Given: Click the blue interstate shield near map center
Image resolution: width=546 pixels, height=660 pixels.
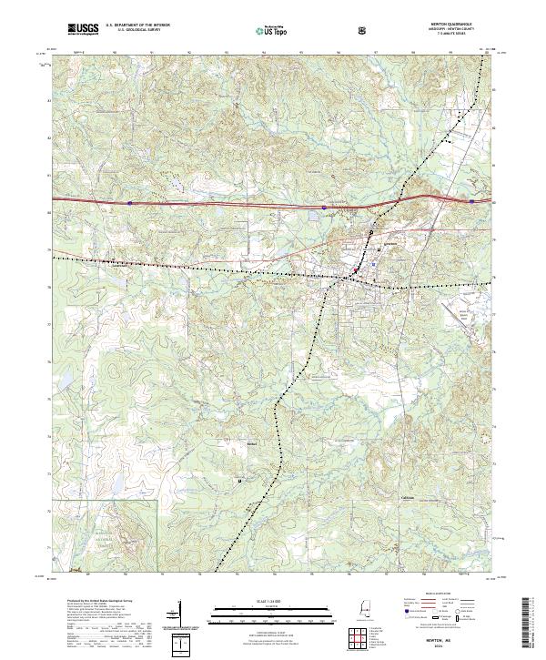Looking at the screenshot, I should point(324,207).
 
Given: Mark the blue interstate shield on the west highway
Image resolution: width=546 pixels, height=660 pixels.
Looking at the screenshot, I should point(130,203).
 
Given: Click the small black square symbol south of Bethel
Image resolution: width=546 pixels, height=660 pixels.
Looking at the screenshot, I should point(240,480).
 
